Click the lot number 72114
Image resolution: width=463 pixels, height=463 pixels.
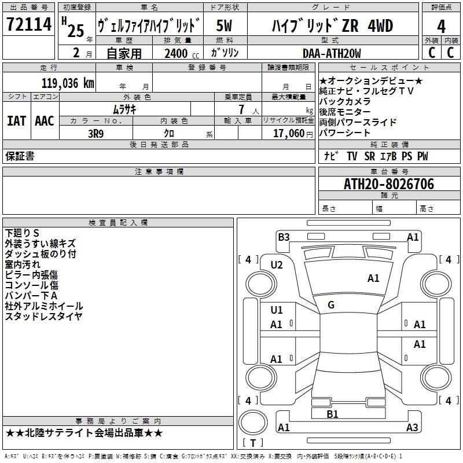[x=28, y=25]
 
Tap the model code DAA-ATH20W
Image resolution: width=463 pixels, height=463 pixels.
[x=332, y=53]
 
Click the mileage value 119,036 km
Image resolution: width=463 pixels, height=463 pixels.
[x=68, y=83]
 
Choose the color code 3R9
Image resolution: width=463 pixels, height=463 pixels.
[x=95, y=133]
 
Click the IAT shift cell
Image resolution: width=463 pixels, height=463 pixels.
[x=16, y=120]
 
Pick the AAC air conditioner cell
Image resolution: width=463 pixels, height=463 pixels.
[x=45, y=120]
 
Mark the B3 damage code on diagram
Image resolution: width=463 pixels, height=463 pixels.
[x=284, y=237]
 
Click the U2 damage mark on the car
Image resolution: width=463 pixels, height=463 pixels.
[x=277, y=264]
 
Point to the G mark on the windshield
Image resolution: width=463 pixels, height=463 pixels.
[x=331, y=305]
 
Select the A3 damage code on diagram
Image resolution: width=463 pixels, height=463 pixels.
[x=412, y=427]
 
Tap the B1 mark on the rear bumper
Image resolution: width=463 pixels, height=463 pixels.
[x=332, y=414]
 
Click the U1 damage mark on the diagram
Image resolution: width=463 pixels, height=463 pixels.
[x=277, y=310]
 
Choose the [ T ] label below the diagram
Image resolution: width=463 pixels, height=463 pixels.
[x=253, y=443]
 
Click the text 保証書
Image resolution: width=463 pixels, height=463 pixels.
[x=20, y=156]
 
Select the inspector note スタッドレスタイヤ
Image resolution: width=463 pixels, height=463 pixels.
[x=43, y=316]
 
